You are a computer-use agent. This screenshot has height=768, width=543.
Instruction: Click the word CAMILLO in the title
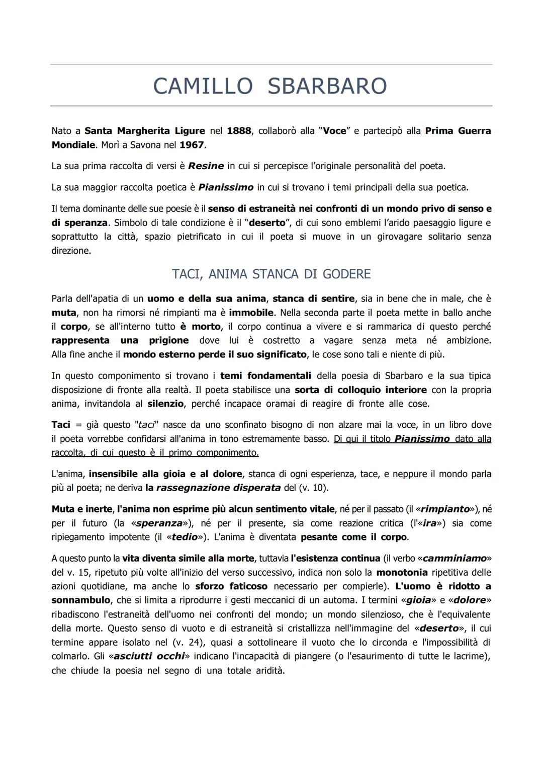coord(203,86)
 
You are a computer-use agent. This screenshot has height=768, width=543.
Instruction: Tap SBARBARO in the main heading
coord(327,86)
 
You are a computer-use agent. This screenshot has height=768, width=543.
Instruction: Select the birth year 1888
coord(239,131)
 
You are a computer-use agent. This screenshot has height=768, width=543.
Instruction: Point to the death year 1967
coord(192,145)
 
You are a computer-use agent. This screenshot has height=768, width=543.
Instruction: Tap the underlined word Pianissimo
coord(422,439)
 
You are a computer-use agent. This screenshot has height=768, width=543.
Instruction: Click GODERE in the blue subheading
coord(346,274)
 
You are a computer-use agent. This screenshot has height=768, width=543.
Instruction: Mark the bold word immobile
coord(251,313)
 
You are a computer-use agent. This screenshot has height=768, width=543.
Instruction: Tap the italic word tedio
coord(184,537)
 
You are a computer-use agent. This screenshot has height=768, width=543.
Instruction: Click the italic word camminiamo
coord(455,558)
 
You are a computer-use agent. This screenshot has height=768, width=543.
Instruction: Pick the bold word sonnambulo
coord(80,600)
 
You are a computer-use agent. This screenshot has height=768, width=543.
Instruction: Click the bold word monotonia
coord(402,572)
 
